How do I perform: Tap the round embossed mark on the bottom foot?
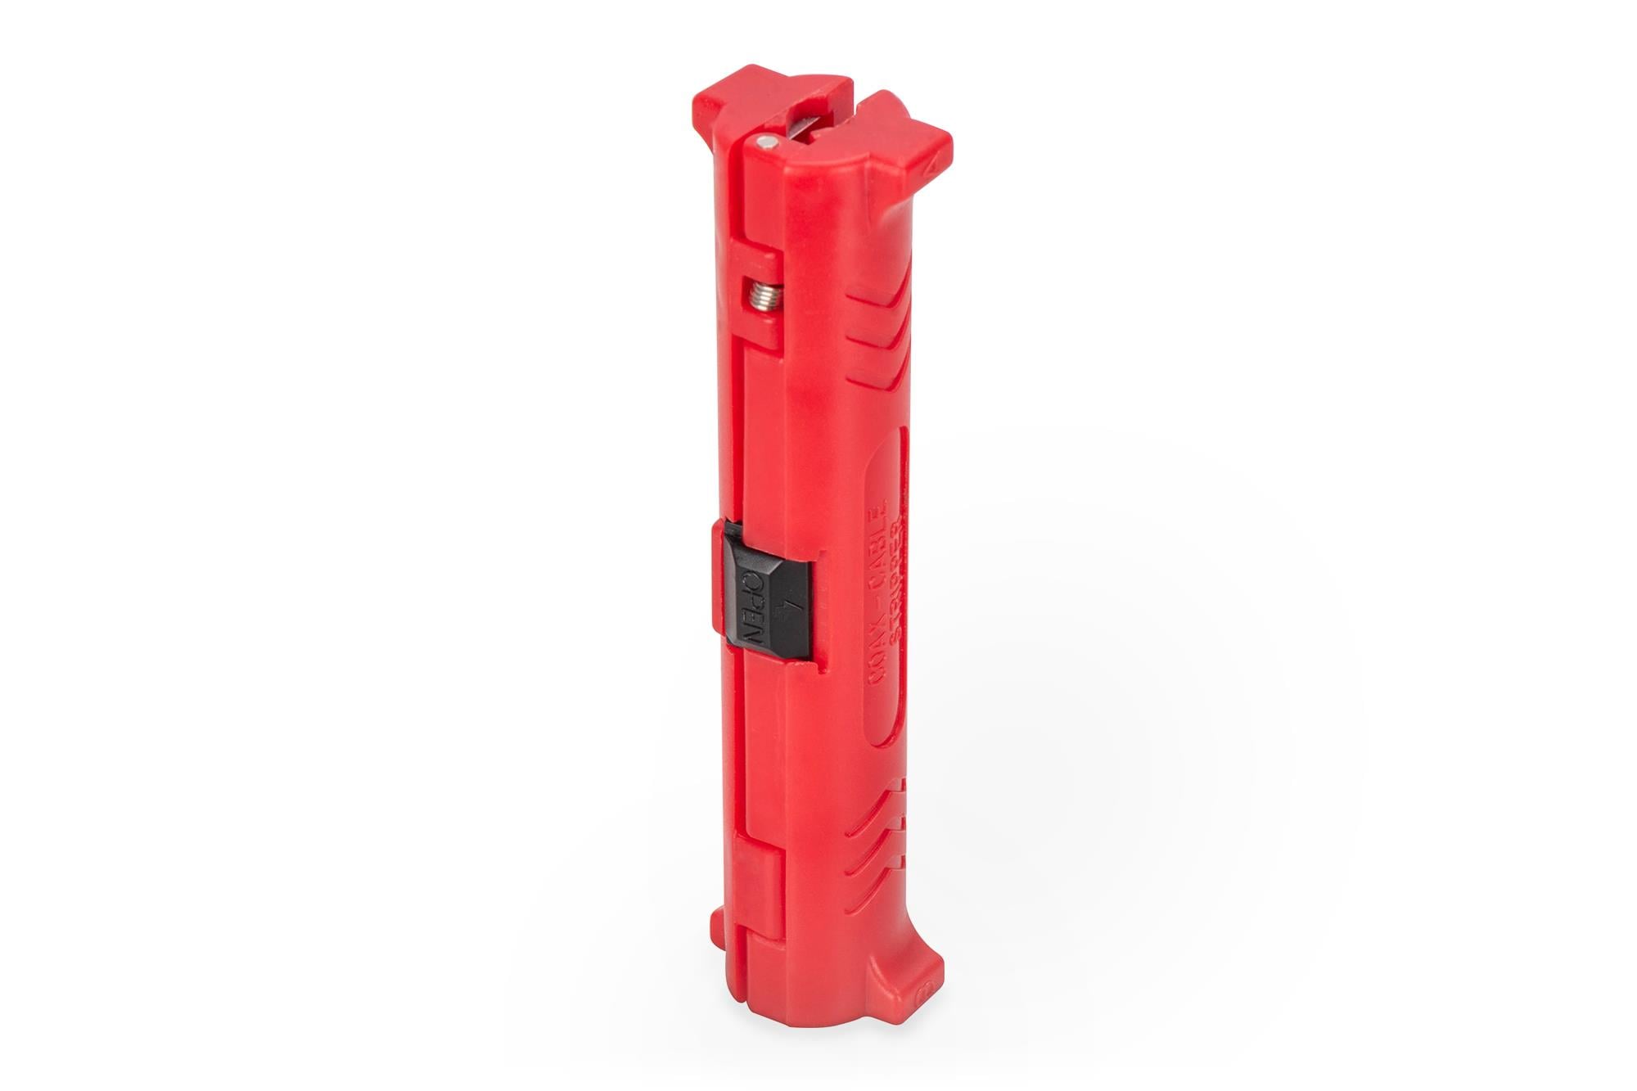[x=924, y=992]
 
